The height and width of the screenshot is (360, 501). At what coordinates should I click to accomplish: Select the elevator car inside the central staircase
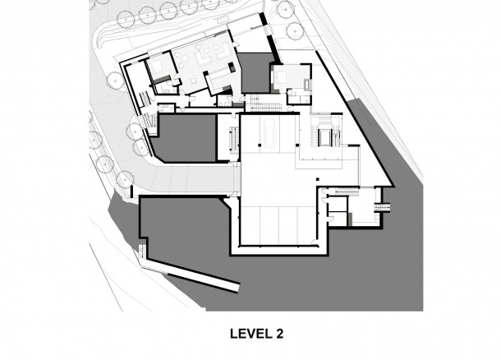coord(324,137)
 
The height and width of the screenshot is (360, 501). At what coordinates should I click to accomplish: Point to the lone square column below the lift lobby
coord(318,179)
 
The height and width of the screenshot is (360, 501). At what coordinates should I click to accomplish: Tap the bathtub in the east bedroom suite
coord(308,85)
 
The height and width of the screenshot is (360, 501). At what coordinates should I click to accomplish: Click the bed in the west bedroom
coord(158,67)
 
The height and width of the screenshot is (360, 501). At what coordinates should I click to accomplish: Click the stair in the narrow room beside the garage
coord(233,138)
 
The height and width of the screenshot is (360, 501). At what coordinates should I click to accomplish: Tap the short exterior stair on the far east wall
coord(383,207)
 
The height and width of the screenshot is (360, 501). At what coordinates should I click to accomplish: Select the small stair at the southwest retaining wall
coord(143,252)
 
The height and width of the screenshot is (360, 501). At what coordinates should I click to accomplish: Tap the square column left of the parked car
coord(260,145)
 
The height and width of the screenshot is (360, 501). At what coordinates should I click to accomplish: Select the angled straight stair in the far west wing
coord(145,98)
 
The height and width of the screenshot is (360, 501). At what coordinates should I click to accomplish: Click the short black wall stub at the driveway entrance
coord(131,192)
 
